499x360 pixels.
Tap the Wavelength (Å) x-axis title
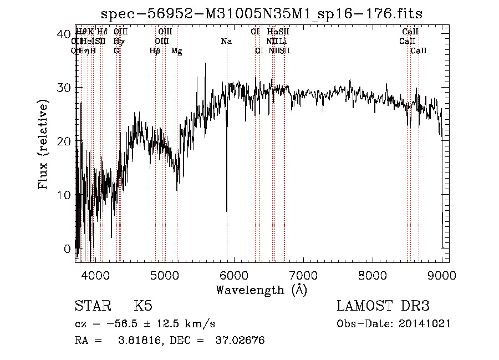[261, 290]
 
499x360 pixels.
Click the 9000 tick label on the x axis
[442, 275]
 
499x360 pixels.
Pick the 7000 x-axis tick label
[303, 275]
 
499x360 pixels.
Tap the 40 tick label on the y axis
[63, 33]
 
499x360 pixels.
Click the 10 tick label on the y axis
[63, 195]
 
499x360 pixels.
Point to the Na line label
[226, 41]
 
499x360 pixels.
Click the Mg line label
[176, 51]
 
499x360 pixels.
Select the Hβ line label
[155, 51]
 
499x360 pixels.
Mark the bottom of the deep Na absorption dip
[227, 211]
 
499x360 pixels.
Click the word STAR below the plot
[92, 306]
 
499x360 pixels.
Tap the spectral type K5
[143, 306]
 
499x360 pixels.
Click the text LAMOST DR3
[383, 306]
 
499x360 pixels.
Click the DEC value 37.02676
[240, 341]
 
